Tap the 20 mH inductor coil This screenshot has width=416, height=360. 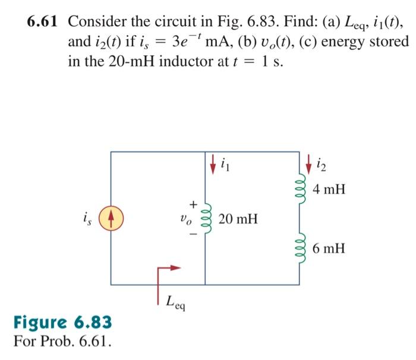pos(205,219)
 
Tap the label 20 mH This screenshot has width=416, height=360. pos(238,219)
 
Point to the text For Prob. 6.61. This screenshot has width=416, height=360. pos(62,342)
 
